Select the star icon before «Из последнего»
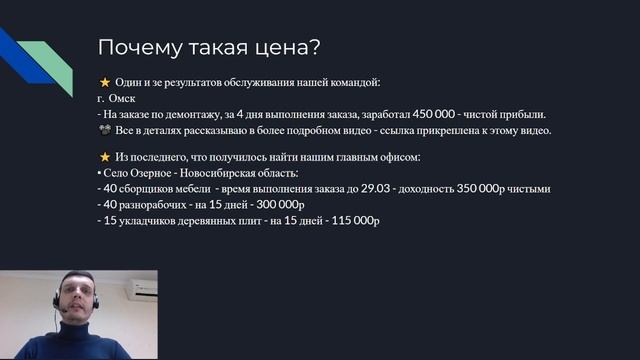coord(104,157)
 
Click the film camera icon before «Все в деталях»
coord(104,130)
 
